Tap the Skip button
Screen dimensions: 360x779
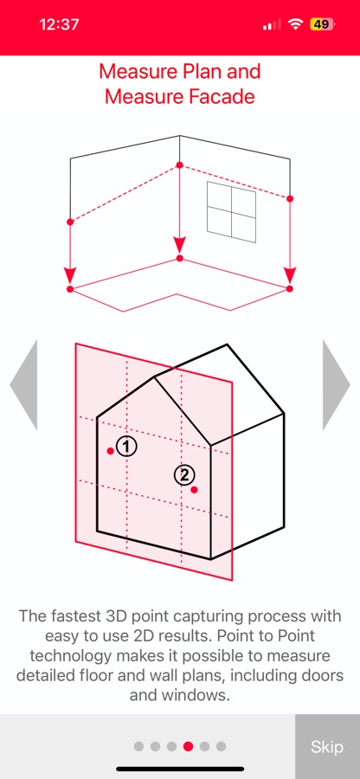pos(327,746)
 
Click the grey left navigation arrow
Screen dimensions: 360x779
pos(23,384)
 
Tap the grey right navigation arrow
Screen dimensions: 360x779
pos(336,384)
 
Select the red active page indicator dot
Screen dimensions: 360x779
pos(188,746)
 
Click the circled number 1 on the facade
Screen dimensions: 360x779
pos(126,446)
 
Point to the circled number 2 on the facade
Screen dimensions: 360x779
pos(184,475)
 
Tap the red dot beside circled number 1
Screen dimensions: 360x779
pos(110,451)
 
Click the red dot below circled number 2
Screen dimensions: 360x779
pos(194,490)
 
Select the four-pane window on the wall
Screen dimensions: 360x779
pos(231,212)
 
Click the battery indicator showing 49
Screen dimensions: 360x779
pos(323,24)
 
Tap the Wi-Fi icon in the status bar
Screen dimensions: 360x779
pos(296,24)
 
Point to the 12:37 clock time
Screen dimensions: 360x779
pos(59,24)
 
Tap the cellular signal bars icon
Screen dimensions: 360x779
pos(272,24)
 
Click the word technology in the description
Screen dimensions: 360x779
pos(70,656)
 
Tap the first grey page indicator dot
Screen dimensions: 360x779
pos(139,746)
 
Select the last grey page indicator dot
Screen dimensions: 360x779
pos(221,746)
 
